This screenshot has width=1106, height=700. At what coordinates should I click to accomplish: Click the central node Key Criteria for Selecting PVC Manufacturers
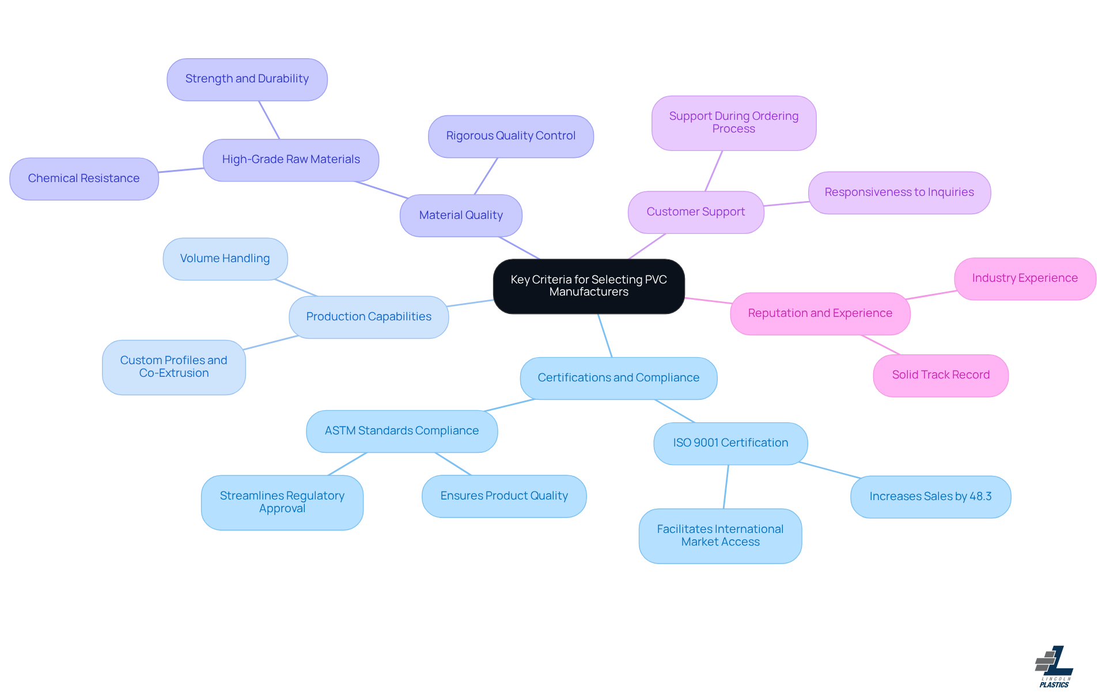point(589,286)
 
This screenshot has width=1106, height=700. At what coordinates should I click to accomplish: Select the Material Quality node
point(461,215)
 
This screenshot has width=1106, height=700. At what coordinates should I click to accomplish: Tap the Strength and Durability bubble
point(247,79)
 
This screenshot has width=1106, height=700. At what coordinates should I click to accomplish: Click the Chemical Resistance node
point(84,179)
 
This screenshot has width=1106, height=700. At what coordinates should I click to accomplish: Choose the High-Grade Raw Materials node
point(291,160)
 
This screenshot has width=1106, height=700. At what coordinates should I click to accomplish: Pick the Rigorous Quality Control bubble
point(510,136)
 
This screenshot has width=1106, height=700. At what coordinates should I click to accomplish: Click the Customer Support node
point(695,212)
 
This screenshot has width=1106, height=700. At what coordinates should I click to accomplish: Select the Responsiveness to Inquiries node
point(899,192)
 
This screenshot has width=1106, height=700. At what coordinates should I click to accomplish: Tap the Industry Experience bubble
point(1025,278)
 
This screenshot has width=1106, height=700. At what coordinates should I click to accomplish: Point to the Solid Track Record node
point(941,375)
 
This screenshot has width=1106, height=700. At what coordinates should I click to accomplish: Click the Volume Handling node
point(225,259)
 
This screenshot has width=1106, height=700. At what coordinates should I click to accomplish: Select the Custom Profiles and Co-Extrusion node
point(174,367)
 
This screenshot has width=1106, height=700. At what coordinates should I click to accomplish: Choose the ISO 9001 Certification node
point(730,443)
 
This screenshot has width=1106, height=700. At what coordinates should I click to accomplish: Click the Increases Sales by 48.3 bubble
point(930,497)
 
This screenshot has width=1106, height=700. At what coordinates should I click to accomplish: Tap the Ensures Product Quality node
point(504,496)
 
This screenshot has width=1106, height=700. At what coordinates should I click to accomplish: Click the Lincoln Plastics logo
point(1054,666)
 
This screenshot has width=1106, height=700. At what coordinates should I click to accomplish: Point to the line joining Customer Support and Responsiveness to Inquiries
point(786,204)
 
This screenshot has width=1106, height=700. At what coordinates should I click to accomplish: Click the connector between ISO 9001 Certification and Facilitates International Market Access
point(726,487)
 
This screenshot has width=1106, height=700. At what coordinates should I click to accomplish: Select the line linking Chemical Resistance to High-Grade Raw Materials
point(181,170)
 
